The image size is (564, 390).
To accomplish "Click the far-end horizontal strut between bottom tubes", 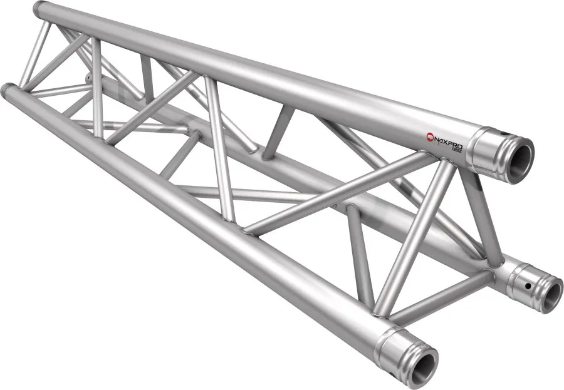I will [x=60, y=91].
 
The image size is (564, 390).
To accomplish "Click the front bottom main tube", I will [x=188, y=219].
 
